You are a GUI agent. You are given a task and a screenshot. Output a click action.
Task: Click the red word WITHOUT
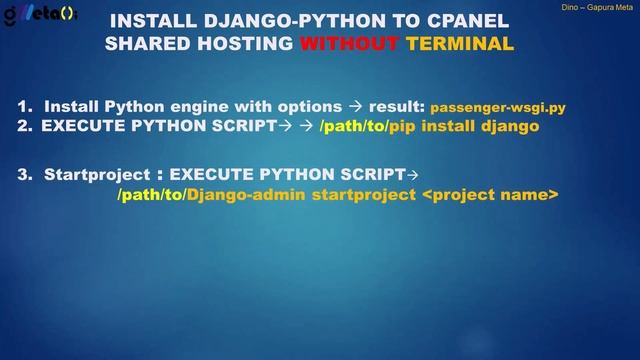[x=349, y=44]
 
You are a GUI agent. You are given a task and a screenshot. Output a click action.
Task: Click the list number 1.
[x=23, y=105]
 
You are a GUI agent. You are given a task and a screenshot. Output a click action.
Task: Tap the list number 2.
[x=23, y=126]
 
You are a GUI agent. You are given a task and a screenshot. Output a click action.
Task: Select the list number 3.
[x=23, y=174]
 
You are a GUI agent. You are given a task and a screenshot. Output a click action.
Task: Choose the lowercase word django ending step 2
[x=509, y=126]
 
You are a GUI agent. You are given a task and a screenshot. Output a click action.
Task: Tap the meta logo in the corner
[x=40, y=15]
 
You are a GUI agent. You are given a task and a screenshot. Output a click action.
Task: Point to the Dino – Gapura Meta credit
[x=597, y=7]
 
